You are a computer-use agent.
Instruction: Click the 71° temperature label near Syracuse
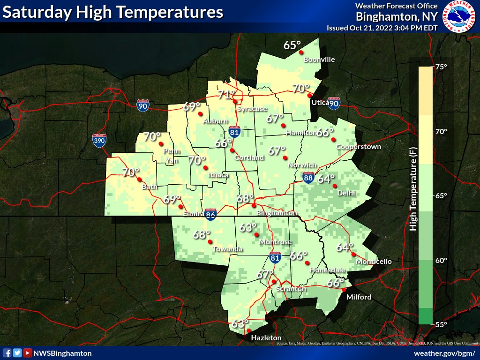[226, 95]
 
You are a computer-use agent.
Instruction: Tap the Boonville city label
[319, 60]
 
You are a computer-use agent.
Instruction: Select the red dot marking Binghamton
[254, 205]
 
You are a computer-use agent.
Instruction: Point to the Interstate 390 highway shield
[99, 141]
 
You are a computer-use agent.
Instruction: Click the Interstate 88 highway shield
[307, 177]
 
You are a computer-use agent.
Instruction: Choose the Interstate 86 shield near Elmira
[210, 214]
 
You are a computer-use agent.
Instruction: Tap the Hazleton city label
[266, 338]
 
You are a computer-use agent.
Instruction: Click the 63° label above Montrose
[248, 228]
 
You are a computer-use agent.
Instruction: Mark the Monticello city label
[374, 262]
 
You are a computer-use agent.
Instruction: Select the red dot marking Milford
[344, 290]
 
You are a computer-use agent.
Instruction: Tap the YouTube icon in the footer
[28, 353]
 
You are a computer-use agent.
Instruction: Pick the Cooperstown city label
[359, 147]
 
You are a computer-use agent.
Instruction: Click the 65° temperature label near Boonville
[292, 45]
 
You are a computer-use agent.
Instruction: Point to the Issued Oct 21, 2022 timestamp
[382, 28]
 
